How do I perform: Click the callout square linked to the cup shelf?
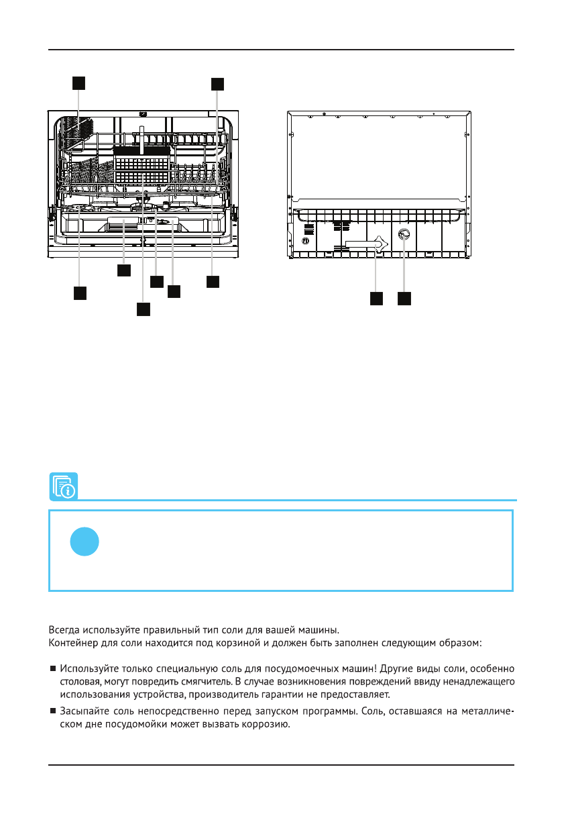click(x=78, y=83)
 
